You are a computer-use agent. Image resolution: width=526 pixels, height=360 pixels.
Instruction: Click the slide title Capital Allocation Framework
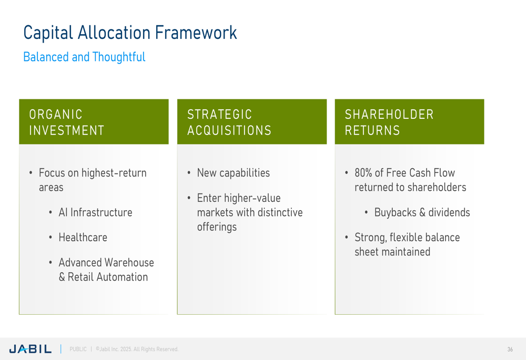pos(130,33)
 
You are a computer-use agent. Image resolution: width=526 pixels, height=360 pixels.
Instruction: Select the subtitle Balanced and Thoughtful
pos(84,57)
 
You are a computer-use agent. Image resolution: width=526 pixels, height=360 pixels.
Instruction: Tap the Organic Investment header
pos(67,122)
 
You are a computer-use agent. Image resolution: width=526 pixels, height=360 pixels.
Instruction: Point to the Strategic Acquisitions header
pos(229,122)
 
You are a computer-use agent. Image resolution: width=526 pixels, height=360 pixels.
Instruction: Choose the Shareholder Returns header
pos(389,122)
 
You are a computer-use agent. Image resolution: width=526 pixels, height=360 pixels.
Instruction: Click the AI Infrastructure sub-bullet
pos(95,212)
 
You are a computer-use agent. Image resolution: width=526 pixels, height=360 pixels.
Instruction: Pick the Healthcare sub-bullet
pos(83,238)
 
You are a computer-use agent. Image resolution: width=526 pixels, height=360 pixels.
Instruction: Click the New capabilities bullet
pos(233,173)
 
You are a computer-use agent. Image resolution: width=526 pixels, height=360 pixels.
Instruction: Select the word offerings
pos(217,227)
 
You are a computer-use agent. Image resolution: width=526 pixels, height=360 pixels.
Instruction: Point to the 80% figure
pos(363,173)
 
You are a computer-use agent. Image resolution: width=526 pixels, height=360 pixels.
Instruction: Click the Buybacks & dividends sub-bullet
pos(422,212)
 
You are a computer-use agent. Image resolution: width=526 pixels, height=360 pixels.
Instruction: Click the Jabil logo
pos(30,349)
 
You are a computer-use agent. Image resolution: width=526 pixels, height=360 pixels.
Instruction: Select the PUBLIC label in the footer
pos(78,349)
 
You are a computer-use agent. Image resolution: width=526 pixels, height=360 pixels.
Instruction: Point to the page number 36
pos(510,349)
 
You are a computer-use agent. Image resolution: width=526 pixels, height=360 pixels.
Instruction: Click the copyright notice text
pos(137,349)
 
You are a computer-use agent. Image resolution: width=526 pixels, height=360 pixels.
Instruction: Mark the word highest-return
pos(114,173)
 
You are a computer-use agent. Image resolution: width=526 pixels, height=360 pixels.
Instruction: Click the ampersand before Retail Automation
pos(62,277)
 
